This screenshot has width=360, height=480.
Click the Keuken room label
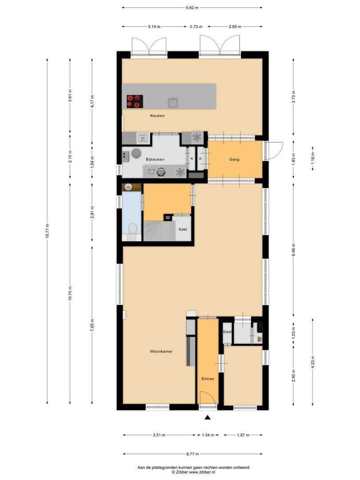[x=157, y=116]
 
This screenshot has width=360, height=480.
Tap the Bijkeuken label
[x=155, y=160]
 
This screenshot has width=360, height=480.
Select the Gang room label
[x=235, y=159]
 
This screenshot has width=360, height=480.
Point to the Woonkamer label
[x=161, y=352]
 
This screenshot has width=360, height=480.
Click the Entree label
[x=208, y=379]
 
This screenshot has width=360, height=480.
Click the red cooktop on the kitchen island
[x=135, y=101]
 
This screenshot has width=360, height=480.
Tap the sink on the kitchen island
[x=173, y=103]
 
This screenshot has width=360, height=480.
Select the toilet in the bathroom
[x=132, y=229]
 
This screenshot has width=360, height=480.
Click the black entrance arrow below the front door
[x=208, y=417]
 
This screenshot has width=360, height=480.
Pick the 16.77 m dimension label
[x=47, y=231]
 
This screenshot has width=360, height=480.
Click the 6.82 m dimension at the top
[x=192, y=8]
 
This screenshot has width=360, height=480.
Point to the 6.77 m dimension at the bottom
[x=192, y=454]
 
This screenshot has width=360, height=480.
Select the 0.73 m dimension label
[x=196, y=27]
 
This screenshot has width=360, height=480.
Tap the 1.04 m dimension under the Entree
[x=208, y=435]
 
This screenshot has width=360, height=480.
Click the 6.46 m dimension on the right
[x=294, y=250]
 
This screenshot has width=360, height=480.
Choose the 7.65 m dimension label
[x=92, y=325]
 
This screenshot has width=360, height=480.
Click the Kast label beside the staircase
[x=183, y=229]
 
